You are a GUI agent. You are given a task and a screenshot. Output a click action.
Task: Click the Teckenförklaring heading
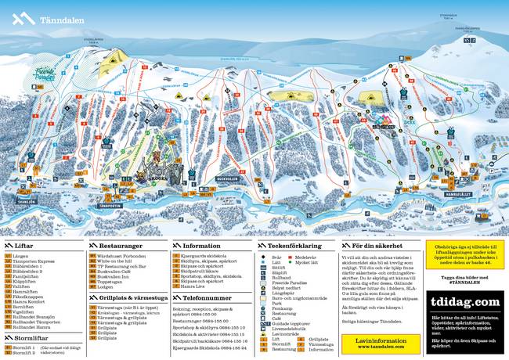tap(293, 245)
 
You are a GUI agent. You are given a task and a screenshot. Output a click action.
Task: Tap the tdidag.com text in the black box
tap(465, 302)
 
